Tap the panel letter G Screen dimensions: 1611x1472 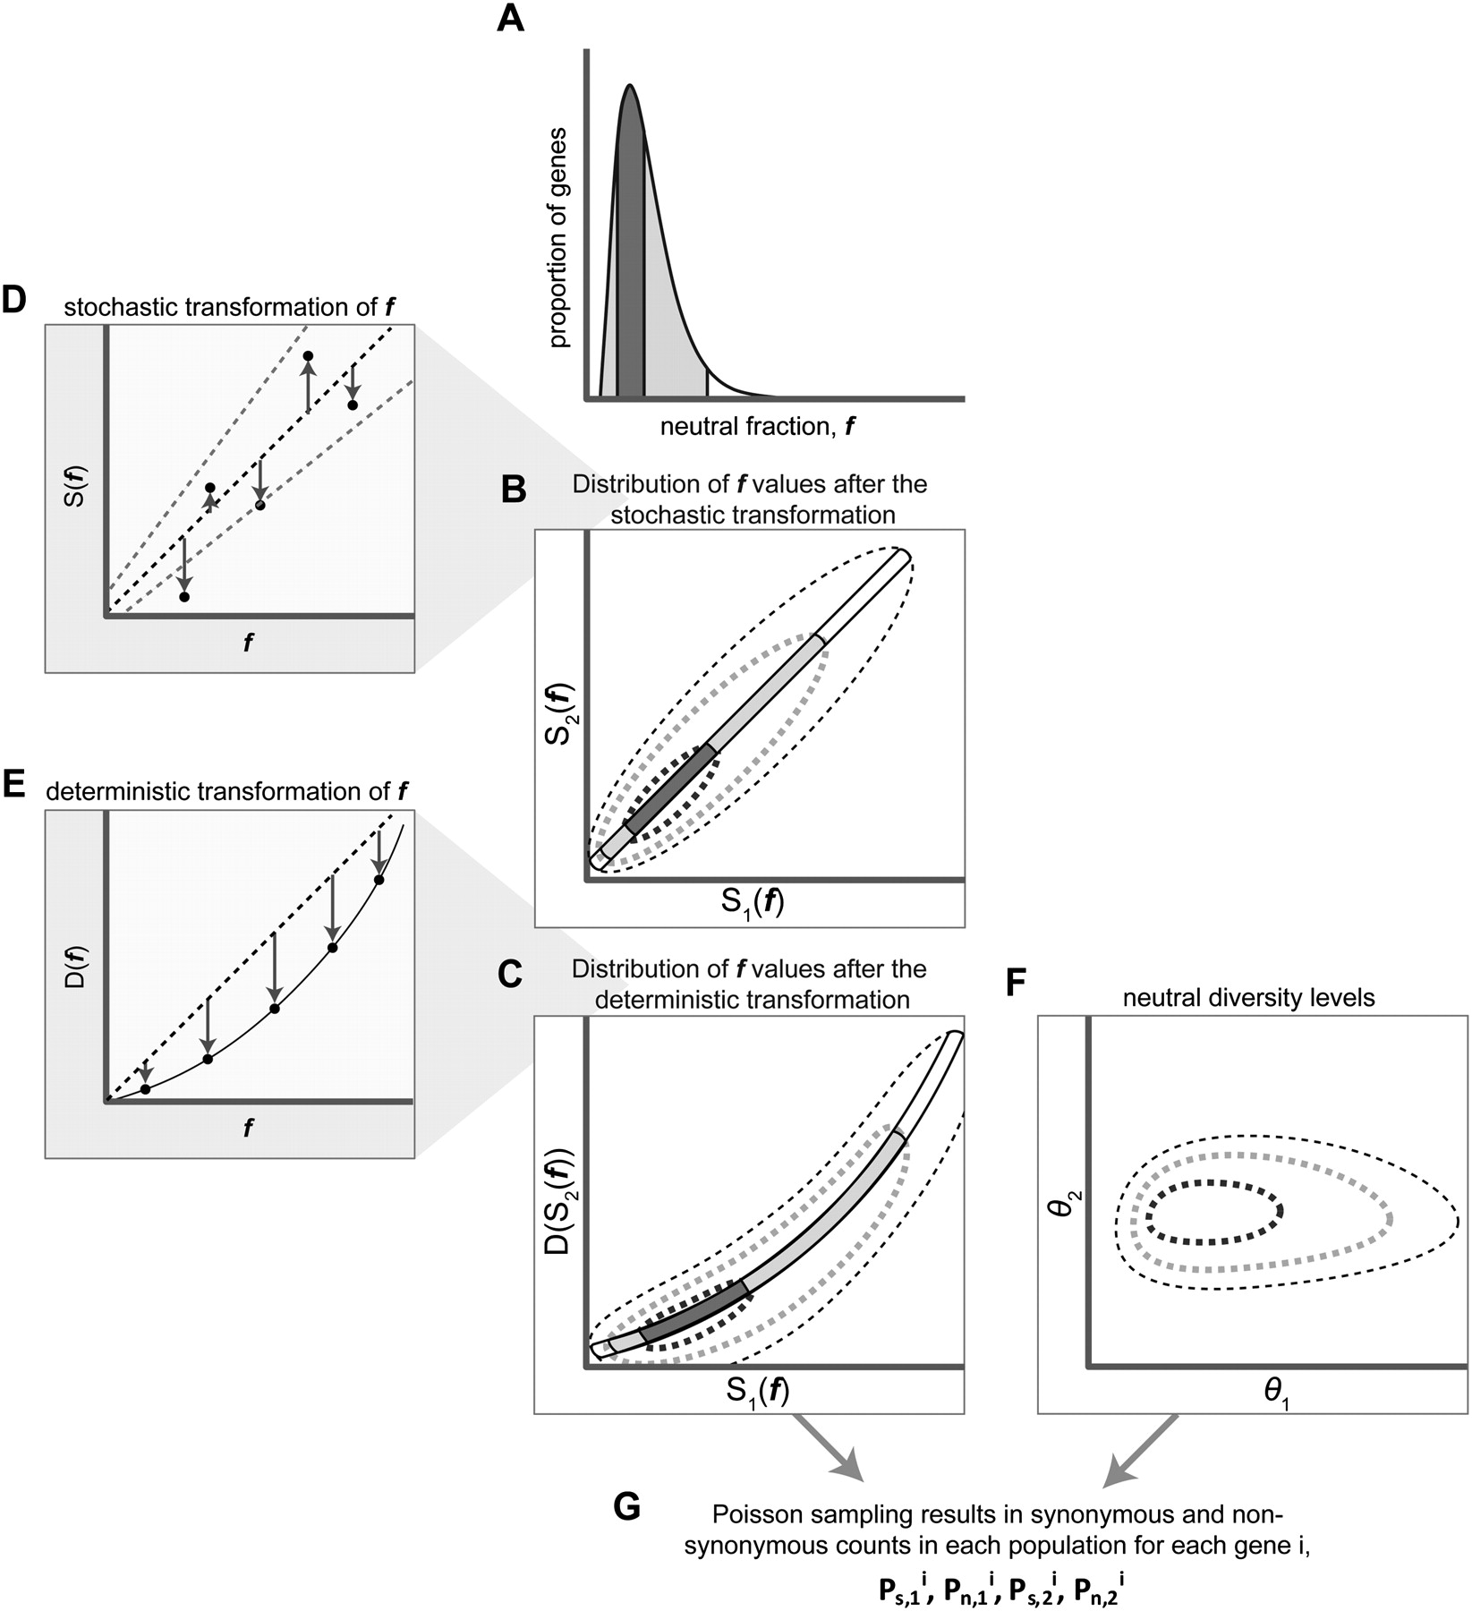tap(627, 1506)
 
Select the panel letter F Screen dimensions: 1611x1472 tap(1017, 983)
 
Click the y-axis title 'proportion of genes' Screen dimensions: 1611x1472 tap(558, 237)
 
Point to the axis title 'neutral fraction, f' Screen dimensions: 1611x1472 tap(756, 427)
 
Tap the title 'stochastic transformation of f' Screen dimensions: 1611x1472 tap(230, 307)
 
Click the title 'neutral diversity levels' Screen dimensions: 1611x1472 tap(1248, 997)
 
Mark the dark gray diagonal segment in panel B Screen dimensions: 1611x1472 tap(672, 788)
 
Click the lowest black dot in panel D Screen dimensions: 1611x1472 tap(184, 596)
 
